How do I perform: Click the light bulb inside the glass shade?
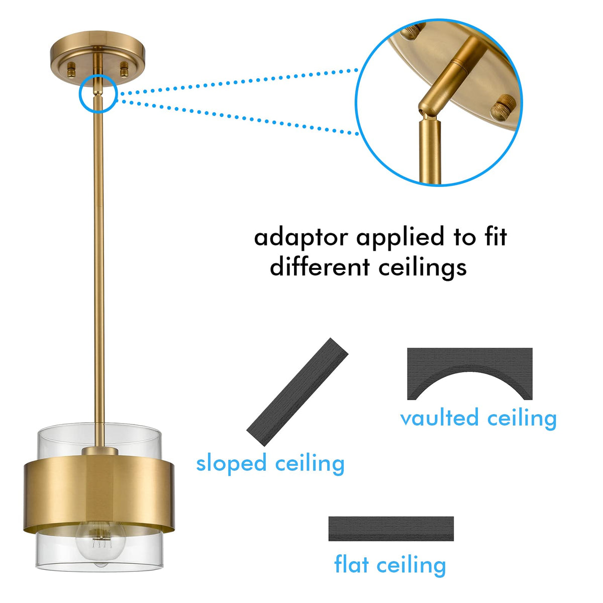(101, 544)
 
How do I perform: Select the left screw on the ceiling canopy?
(71, 69)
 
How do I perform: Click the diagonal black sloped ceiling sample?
(297, 391)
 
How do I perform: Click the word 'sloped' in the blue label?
(231, 464)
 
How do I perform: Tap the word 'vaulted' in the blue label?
(439, 418)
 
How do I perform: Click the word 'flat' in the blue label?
(351, 564)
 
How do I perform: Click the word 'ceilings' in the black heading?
(423, 268)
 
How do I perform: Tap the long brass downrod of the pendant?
(99, 260)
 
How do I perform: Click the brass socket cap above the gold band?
(100, 452)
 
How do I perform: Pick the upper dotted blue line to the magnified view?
(239, 81)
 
